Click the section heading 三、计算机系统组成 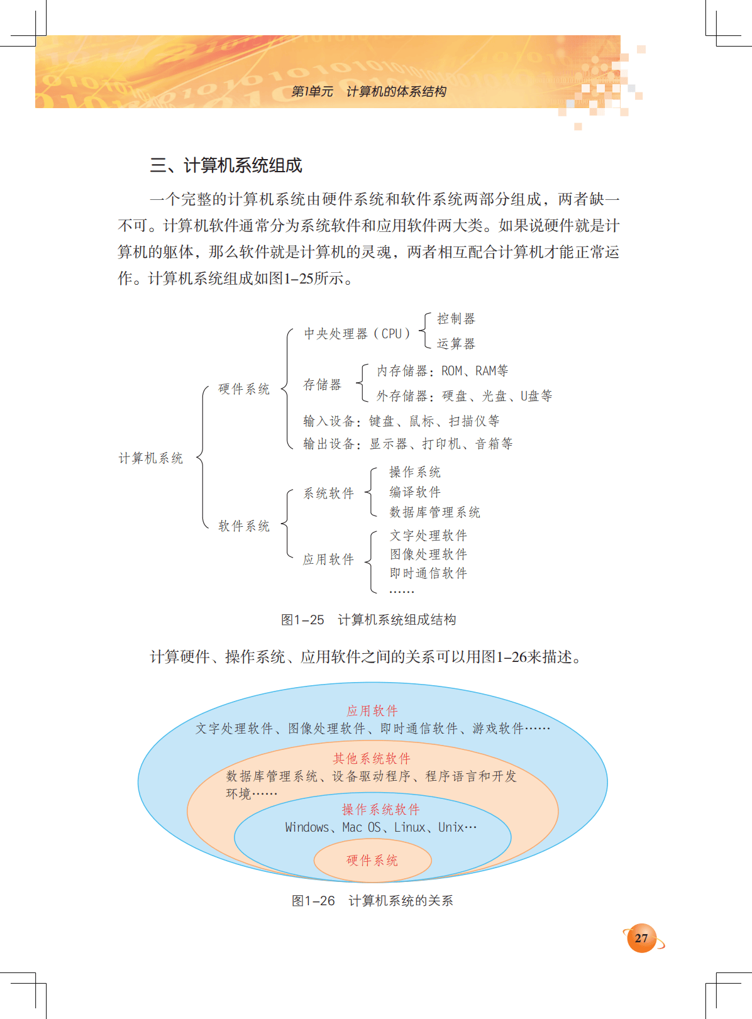(226, 165)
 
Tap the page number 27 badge (641, 938)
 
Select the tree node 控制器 (456, 319)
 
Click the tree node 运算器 (456, 344)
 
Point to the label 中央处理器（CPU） (357, 334)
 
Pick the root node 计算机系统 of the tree (151, 458)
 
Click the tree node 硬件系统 (244, 389)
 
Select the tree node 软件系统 (244, 526)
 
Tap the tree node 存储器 (322, 385)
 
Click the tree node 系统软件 (329, 493)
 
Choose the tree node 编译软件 (415, 492)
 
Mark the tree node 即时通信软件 (428, 573)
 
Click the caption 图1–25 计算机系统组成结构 (368, 620)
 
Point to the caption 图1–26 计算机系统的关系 (372, 901)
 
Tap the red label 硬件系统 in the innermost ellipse (372, 861)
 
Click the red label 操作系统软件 (381, 810)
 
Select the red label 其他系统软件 (372, 759)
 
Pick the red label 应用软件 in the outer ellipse (372, 711)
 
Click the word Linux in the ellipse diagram (410, 827)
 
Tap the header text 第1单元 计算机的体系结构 (368, 92)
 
